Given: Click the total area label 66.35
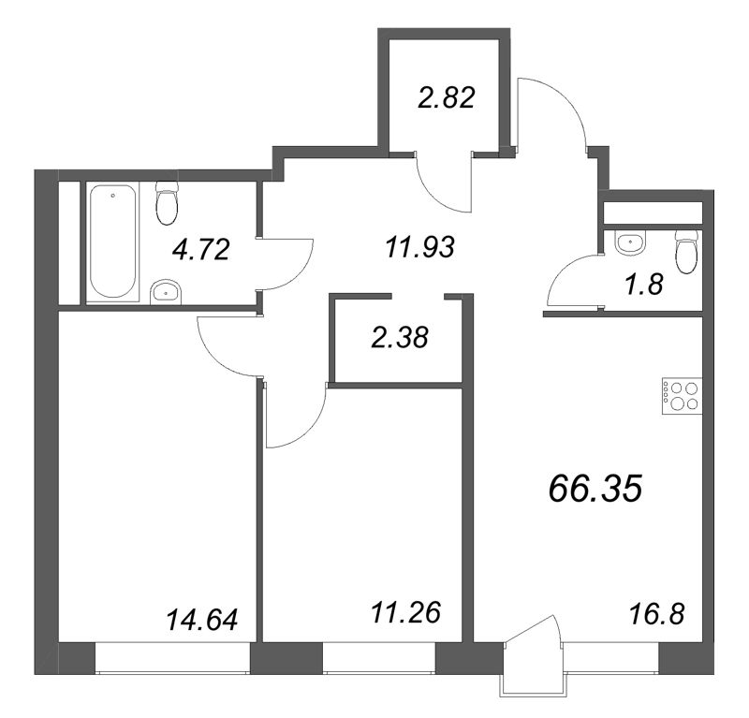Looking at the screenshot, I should [x=595, y=490].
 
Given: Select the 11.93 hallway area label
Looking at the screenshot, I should [x=419, y=248].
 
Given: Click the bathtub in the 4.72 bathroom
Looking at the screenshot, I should [x=113, y=242].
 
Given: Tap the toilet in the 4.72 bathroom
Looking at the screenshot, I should [x=167, y=202].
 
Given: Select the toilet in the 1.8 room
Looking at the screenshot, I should [x=688, y=252].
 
